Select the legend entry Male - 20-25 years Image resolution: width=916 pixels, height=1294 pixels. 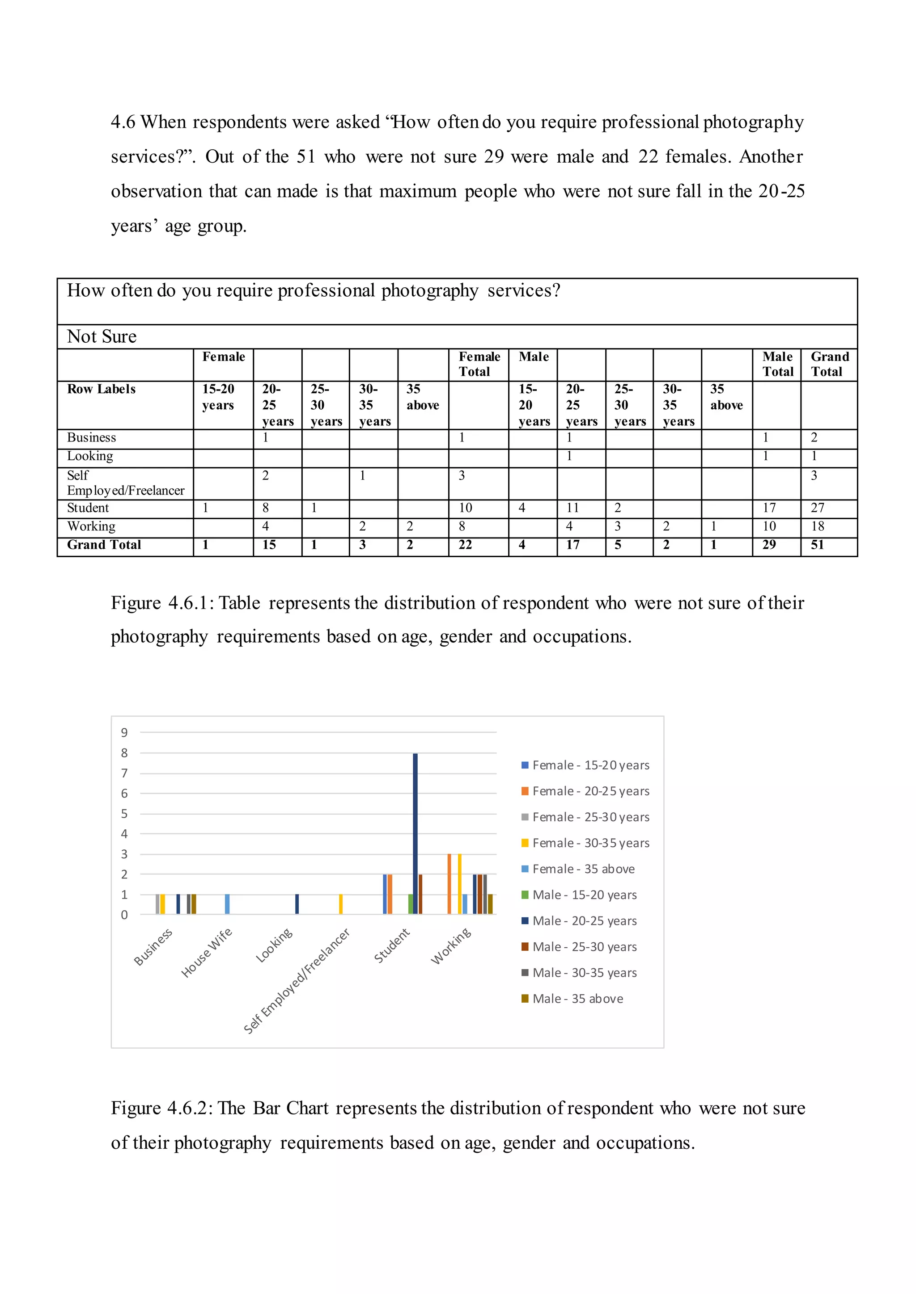(x=584, y=921)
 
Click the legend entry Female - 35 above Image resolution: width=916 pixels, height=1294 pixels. (x=583, y=869)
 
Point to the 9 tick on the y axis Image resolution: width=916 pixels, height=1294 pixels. (x=124, y=733)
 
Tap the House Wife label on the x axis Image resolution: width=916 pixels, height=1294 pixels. (x=207, y=953)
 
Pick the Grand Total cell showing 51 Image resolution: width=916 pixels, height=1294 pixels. (x=817, y=545)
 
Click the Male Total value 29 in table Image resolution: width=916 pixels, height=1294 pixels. (x=769, y=545)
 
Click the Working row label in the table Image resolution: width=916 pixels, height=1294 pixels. (x=91, y=526)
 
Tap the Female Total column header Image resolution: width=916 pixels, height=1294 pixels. (x=479, y=364)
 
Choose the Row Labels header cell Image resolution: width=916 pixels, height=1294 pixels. (x=102, y=390)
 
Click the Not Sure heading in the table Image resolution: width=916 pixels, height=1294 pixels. (x=102, y=336)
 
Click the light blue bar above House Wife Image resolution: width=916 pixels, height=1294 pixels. (x=227, y=904)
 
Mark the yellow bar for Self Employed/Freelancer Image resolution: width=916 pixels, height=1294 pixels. (x=341, y=904)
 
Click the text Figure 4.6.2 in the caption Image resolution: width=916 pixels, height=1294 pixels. (x=160, y=1108)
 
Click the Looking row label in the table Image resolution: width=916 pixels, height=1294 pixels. (x=90, y=456)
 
